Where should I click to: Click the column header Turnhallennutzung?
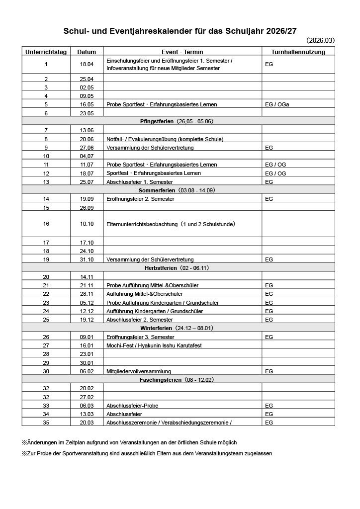coord(298,52)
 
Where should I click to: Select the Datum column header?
coord(87,52)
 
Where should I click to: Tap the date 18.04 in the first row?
coord(87,64)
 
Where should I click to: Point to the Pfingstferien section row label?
coord(178,121)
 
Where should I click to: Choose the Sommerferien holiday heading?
coord(178,190)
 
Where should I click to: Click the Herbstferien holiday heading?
coord(178,267)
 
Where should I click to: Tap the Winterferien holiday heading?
coord(178,328)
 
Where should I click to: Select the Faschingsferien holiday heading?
coord(178,380)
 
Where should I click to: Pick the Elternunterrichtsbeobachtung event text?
coord(171,224)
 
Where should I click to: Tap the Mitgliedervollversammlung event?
coord(139,371)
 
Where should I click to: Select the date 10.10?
coord(87,224)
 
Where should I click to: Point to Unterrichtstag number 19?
coord(46,259)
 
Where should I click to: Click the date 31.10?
coord(87,259)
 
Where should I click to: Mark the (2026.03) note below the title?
coord(320,40)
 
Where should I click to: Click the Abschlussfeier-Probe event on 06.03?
coord(132,406)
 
